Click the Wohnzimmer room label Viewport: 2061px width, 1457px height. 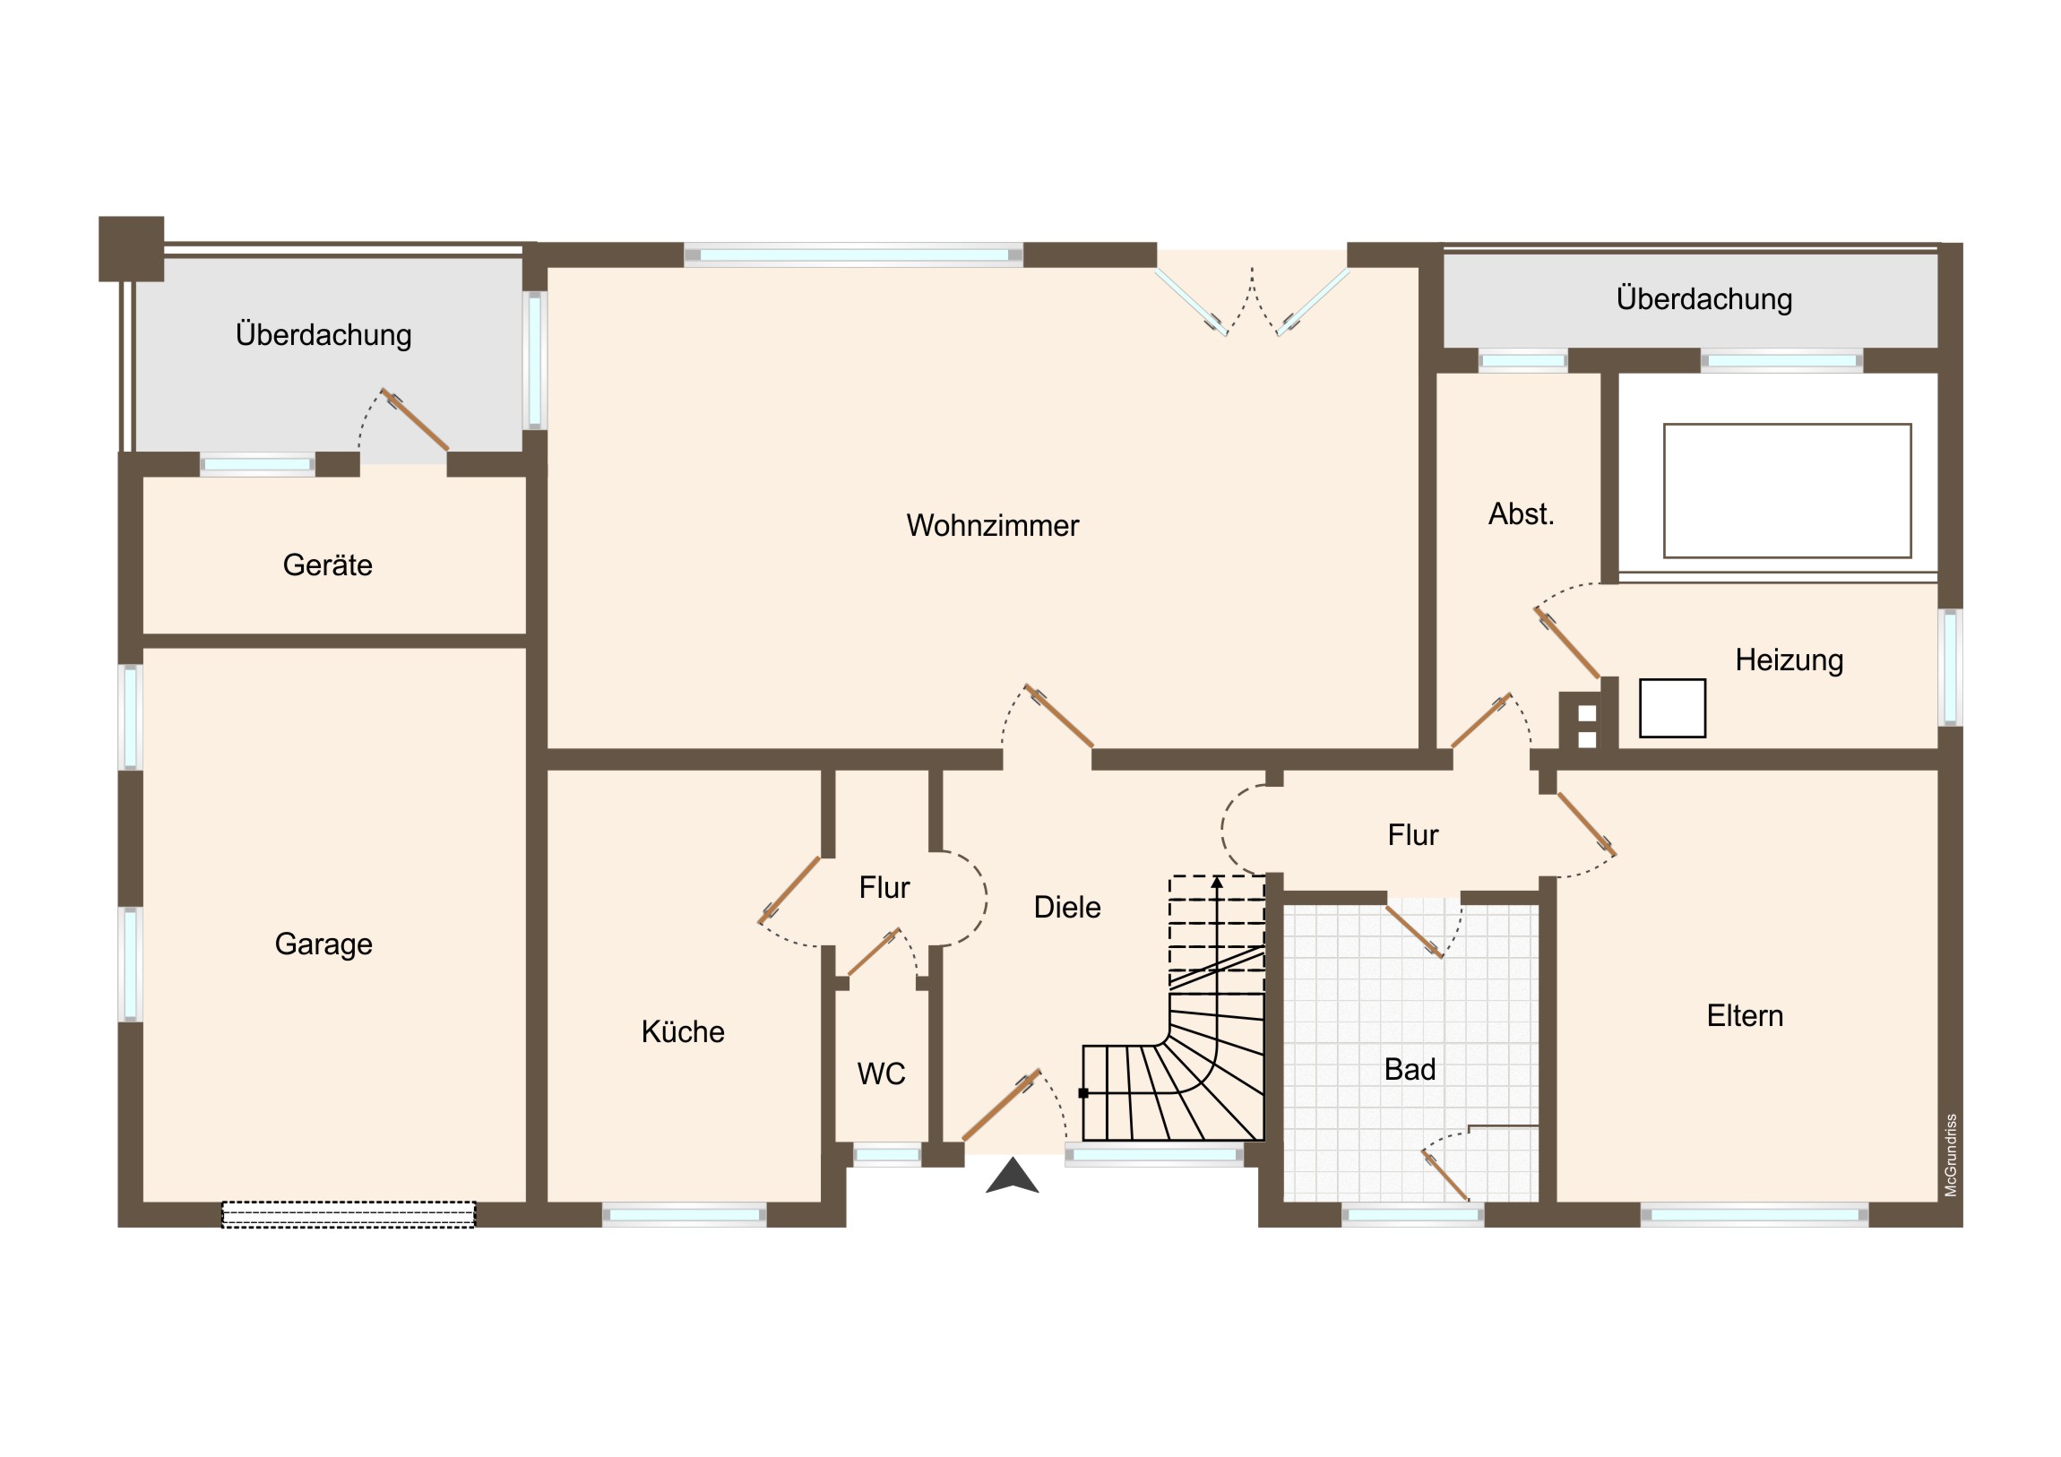pyautogui.click(x=992, y=525)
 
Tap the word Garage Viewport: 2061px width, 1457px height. pyautogui.click(x=323, y=944)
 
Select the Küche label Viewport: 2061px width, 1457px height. pyautogui.click(x=682, y=1031)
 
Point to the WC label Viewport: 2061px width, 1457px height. pyautogui.click(x=881, y=1073)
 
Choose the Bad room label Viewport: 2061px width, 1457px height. pyautogui.click(x=1410, y=1069)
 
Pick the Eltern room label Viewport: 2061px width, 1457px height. pyautogui.click(x=1744, y=1015)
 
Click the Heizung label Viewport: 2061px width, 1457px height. pyautogui.click(x=1788, y=660)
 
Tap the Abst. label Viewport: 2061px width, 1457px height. pyautogui.click(x=1521, y=513)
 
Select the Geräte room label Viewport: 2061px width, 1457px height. pyautogui.click(x=327, y=565)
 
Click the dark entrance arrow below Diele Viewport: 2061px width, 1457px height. pyautogui.click(x=1012, y=1175)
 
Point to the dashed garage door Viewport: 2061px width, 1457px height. pyautogui.click(x=349, y=1215)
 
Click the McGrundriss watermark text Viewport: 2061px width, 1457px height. pyautogui.click(x=1951, y=1155)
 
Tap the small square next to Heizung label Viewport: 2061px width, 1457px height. pyautogui.click(x=1672, y=708)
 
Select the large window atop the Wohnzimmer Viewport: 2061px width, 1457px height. pyautogui.click(x=854, y=255)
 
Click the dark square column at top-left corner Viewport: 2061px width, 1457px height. pyautogui.click(x=131, y=249)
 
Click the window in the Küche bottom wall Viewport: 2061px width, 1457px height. pyautogui.click(x=684, y=1216)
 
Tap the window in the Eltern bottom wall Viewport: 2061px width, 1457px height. pyautogui.click(x=1754, y=1216)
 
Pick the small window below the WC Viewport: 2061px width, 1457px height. pyautogui.click(x=887, y=1154)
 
